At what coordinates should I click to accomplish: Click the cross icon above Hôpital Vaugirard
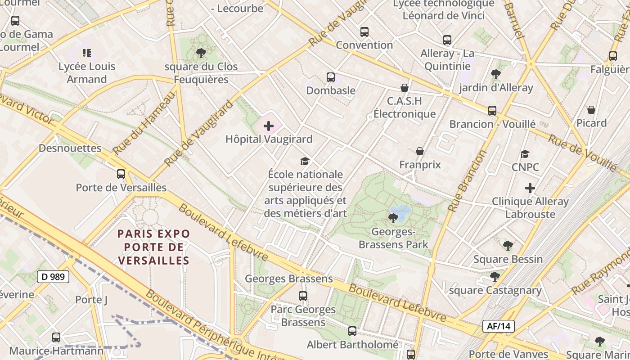point(269,126)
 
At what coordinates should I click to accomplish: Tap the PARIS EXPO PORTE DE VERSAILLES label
point(153,247)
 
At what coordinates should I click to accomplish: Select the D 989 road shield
point(53,277)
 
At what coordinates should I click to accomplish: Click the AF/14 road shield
point(498,326)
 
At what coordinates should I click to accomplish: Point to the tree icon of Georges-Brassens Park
point(393,219)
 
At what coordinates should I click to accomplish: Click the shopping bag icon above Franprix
point(420,151)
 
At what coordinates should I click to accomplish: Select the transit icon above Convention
point(364,32)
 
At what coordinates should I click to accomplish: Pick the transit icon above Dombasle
point(331,77)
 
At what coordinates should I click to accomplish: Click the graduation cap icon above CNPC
point(525,154)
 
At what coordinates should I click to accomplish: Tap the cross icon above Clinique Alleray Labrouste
point(530,188)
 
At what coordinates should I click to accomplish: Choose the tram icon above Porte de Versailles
point(121,174)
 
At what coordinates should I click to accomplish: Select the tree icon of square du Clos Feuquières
point(201,54)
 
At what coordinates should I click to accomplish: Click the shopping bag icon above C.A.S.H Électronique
point(405,88)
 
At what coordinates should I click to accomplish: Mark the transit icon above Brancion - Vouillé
point(492,111)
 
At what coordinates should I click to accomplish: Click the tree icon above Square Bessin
point(508,246)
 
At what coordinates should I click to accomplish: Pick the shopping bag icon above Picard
point(591,110)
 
